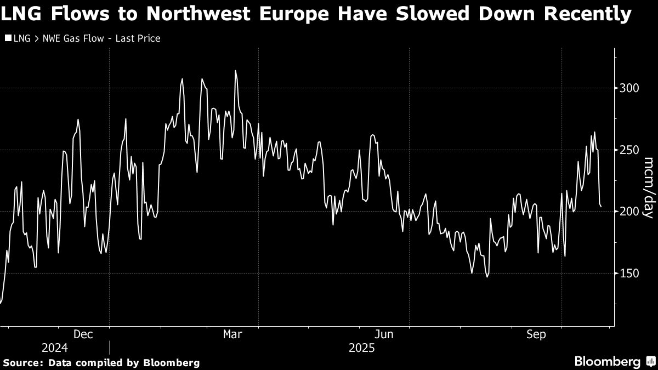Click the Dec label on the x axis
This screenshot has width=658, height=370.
83,334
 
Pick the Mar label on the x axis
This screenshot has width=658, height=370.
233,334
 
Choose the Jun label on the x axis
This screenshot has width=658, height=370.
383,334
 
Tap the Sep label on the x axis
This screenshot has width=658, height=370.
536,334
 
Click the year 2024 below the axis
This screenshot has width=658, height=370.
54,348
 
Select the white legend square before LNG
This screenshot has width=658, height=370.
8,38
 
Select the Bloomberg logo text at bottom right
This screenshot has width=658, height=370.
607,362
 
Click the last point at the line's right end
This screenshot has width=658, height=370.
601,207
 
